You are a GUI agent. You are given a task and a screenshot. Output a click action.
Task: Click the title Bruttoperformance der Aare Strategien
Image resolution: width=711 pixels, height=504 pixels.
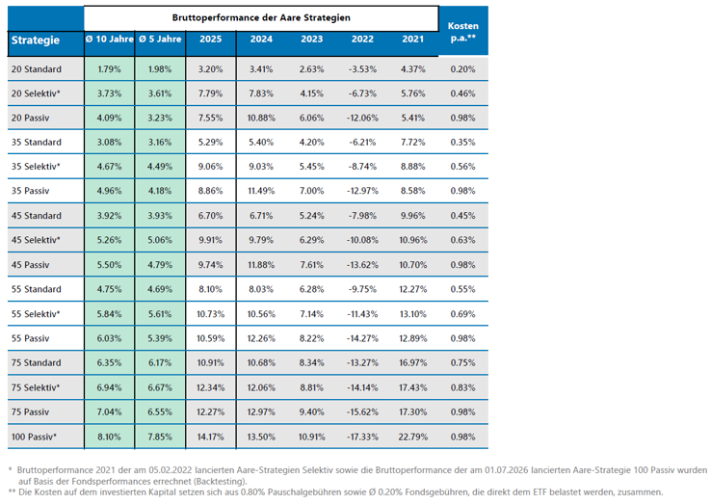pos(261,17)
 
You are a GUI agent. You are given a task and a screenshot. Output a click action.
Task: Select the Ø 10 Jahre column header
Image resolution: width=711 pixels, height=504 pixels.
pos(109,39)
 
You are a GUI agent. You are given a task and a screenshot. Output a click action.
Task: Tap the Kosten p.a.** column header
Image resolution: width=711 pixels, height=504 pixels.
pos(463,32)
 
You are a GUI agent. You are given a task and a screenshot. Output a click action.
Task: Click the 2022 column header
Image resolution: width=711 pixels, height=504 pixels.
pos(362,39)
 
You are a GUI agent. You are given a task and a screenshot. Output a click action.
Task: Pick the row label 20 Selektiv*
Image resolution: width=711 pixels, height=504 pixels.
pos(36,93)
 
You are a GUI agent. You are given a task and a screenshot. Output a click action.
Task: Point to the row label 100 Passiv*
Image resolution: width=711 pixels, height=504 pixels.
pos(34,437)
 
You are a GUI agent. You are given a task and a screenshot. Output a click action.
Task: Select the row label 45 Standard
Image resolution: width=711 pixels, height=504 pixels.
pos(37,216)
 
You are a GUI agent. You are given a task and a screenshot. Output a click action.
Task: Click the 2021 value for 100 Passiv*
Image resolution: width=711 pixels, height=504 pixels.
pos(412,437)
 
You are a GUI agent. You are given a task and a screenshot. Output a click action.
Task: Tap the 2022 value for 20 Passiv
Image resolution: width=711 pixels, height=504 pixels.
pos(362,118)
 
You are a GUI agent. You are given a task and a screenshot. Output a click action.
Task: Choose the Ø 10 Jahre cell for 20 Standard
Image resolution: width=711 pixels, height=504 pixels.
pos(109,69)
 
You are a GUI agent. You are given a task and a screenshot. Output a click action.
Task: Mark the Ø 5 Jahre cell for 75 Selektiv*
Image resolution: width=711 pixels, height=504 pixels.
pos(160,387)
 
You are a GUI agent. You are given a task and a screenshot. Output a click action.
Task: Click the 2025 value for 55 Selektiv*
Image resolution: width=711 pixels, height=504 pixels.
pos(210,314)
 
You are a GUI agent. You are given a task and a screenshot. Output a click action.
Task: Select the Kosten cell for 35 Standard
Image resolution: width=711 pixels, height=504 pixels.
pos(463,142)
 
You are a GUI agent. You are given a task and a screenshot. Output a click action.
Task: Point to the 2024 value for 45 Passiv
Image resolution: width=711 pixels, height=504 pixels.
pos(261,264)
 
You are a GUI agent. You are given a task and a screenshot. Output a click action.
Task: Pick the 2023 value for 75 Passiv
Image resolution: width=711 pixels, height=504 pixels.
pos(311,411)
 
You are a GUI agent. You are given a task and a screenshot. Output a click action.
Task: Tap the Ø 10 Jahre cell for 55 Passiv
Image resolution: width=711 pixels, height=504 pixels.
pos(109,338)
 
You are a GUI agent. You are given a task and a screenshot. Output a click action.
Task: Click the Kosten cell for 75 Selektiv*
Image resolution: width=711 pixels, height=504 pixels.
pos(463,387)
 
